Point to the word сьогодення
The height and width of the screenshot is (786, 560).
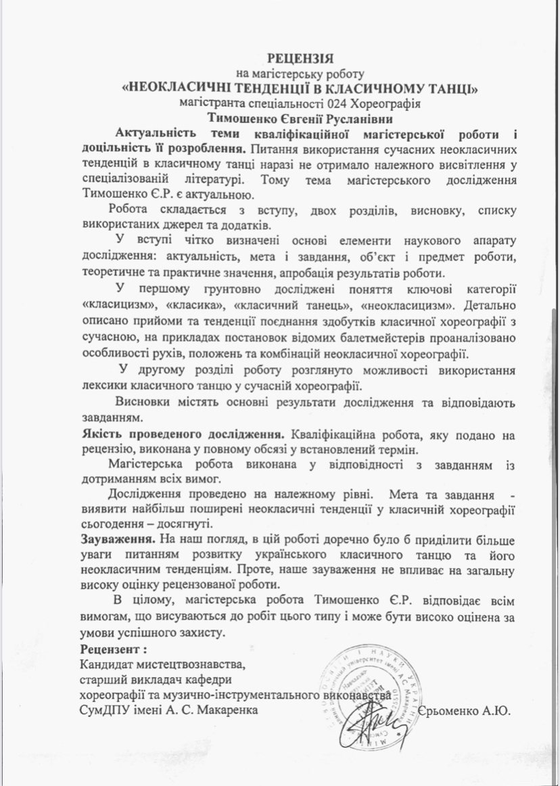click(114, 526)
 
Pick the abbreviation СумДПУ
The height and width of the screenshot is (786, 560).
click(104, 710)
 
